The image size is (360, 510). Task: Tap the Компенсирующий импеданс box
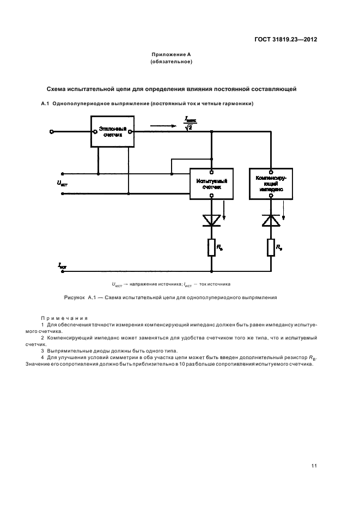(x=271, y=183)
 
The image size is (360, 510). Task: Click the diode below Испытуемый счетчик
(x=211, y=220)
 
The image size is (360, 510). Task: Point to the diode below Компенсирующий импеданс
(x=271, y=220)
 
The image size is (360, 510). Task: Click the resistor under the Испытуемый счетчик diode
(x=211, y=248)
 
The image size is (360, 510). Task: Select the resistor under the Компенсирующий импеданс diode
(x=271, y=248)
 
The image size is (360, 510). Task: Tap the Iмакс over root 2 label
(x=191, y=123)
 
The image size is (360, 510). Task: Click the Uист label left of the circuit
(x=62, y=184)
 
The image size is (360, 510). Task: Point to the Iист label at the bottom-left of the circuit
(x=62, y=265)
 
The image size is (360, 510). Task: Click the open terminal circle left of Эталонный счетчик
(x=52, y=131)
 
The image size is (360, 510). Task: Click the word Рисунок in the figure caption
(x=74, y=298)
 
